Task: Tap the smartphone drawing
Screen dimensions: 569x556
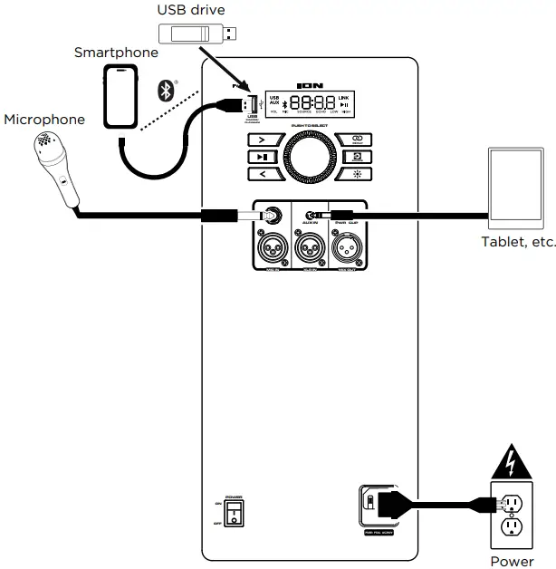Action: click(121, 96)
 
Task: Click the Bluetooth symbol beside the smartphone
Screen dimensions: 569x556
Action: click(164, 88)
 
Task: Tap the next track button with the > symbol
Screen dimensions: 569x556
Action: click(259, 140)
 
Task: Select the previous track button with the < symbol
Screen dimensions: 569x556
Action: click(259, 174)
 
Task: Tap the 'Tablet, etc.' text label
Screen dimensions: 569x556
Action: click(518, 242)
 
